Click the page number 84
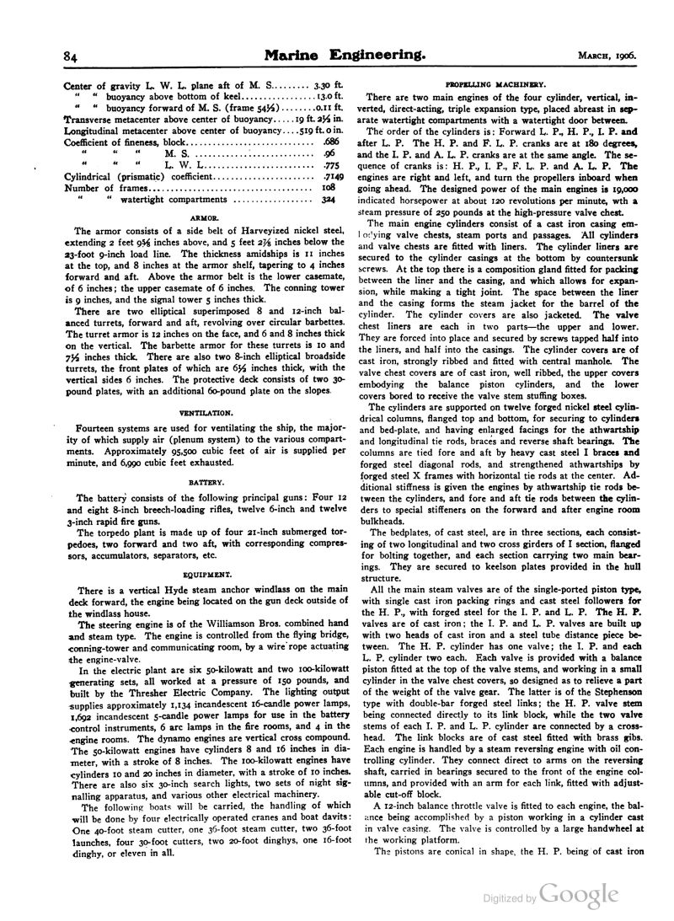[71, 56]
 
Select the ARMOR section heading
[206, 217]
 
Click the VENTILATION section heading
[206, 414]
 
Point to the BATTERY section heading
[206, 483]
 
